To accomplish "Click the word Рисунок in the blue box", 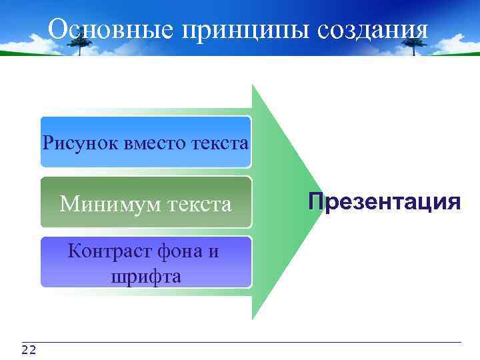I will [80, 143].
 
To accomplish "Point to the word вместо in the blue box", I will [155, 143].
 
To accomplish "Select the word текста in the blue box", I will [219, 143].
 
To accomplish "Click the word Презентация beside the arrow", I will [384, 201].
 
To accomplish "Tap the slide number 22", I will [29, 350].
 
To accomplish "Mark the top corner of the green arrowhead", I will [253, 85].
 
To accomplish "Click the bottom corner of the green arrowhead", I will [253, 319].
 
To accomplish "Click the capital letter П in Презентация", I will [315, 201].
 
